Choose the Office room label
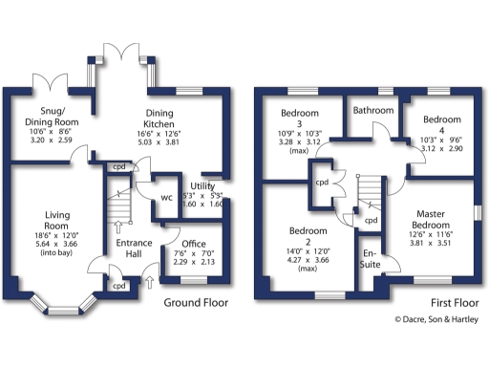[x=194, y=243]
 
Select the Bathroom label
[x=372, y=110]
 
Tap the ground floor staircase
[x=116, y=205]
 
